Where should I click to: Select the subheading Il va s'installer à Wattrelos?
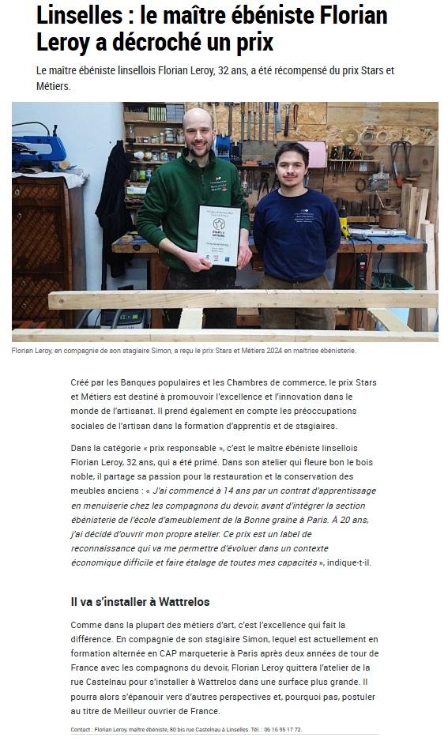(140, 601)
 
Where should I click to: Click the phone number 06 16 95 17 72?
(278, 729)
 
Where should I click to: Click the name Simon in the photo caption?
(148, 350)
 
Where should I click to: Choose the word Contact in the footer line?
(81, 729)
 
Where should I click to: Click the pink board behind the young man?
(317, 155)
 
